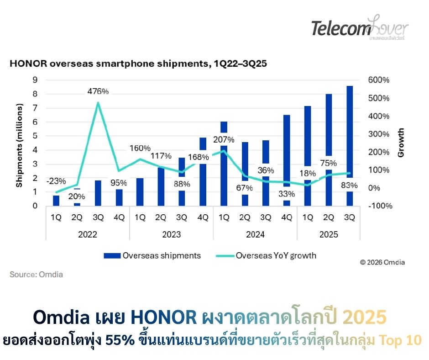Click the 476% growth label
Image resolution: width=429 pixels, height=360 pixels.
(x=98, y=91)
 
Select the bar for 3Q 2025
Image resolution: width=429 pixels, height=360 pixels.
(x=349, y=137)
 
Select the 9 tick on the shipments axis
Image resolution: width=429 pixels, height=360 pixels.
(x=34, y=80)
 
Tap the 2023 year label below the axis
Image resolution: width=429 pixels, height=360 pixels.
(x=171, y=235)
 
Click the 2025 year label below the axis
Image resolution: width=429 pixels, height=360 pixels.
(x=329, y=235)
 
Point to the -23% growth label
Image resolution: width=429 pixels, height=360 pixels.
(x=56, y=180)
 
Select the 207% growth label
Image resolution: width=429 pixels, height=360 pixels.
(x=224, y=140)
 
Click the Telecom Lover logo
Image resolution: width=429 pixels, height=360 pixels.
(x=360, y=28)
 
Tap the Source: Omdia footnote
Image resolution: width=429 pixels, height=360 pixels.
(x=36, y=275)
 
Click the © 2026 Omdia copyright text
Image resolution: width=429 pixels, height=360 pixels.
(x=382, y=262)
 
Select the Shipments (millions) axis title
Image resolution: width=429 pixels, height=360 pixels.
(x=19, y=145)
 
